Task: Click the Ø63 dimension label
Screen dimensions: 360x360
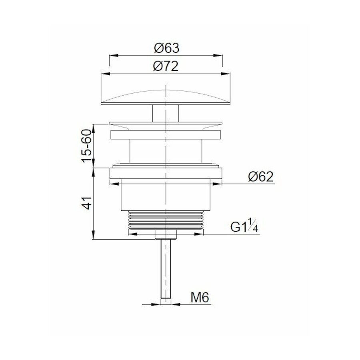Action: (x=166, y=48)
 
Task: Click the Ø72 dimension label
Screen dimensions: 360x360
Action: (x=166, y=66)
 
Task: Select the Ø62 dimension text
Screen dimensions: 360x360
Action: (x=260, y=176)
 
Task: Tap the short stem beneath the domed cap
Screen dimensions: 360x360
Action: (x=165, y=113)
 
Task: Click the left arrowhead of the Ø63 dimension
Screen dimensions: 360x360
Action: (x=112, y=56)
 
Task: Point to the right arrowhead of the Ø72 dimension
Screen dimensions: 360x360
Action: (x=228, y=74)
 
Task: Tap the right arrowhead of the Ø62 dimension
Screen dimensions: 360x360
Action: (x=219, y=184)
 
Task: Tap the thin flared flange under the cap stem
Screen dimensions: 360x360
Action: (x=166, y=124)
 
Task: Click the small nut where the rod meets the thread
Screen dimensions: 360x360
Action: (x=166, y=234)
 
